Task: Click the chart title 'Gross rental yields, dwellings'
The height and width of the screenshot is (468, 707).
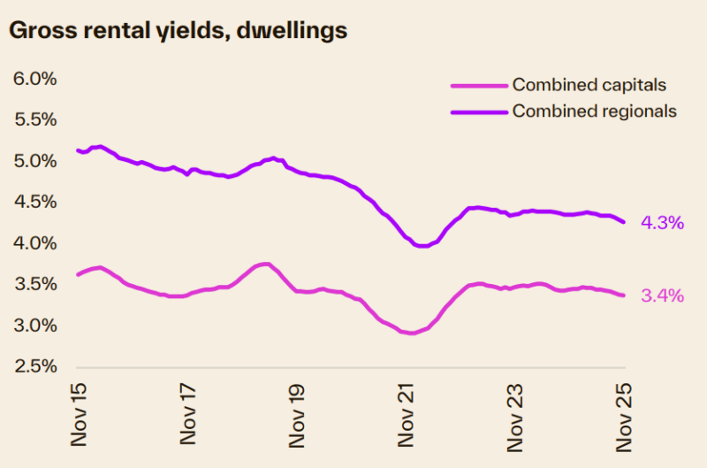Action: pos(178,30)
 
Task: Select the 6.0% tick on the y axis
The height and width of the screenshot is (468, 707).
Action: pos(35,79)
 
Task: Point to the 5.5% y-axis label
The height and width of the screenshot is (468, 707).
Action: pos(35,119)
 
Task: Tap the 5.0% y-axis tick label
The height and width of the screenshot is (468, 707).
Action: pos(35,161)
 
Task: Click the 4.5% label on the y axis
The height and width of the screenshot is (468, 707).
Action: pos(35,202)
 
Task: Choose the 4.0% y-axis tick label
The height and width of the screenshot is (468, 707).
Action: pos(35,243)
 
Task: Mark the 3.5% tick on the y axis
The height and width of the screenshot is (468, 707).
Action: pos(35,284)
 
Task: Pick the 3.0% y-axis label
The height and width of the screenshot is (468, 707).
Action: pos(35,326)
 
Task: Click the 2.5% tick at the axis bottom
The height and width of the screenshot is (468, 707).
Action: pos(35,366)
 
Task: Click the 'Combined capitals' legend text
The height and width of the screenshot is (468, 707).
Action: pos(589,85)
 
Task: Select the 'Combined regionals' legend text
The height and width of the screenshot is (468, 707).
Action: pos(594,111)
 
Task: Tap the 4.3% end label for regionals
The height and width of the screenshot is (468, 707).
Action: pos(661,223)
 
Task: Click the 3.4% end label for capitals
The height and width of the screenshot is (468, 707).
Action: pos(661,296)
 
